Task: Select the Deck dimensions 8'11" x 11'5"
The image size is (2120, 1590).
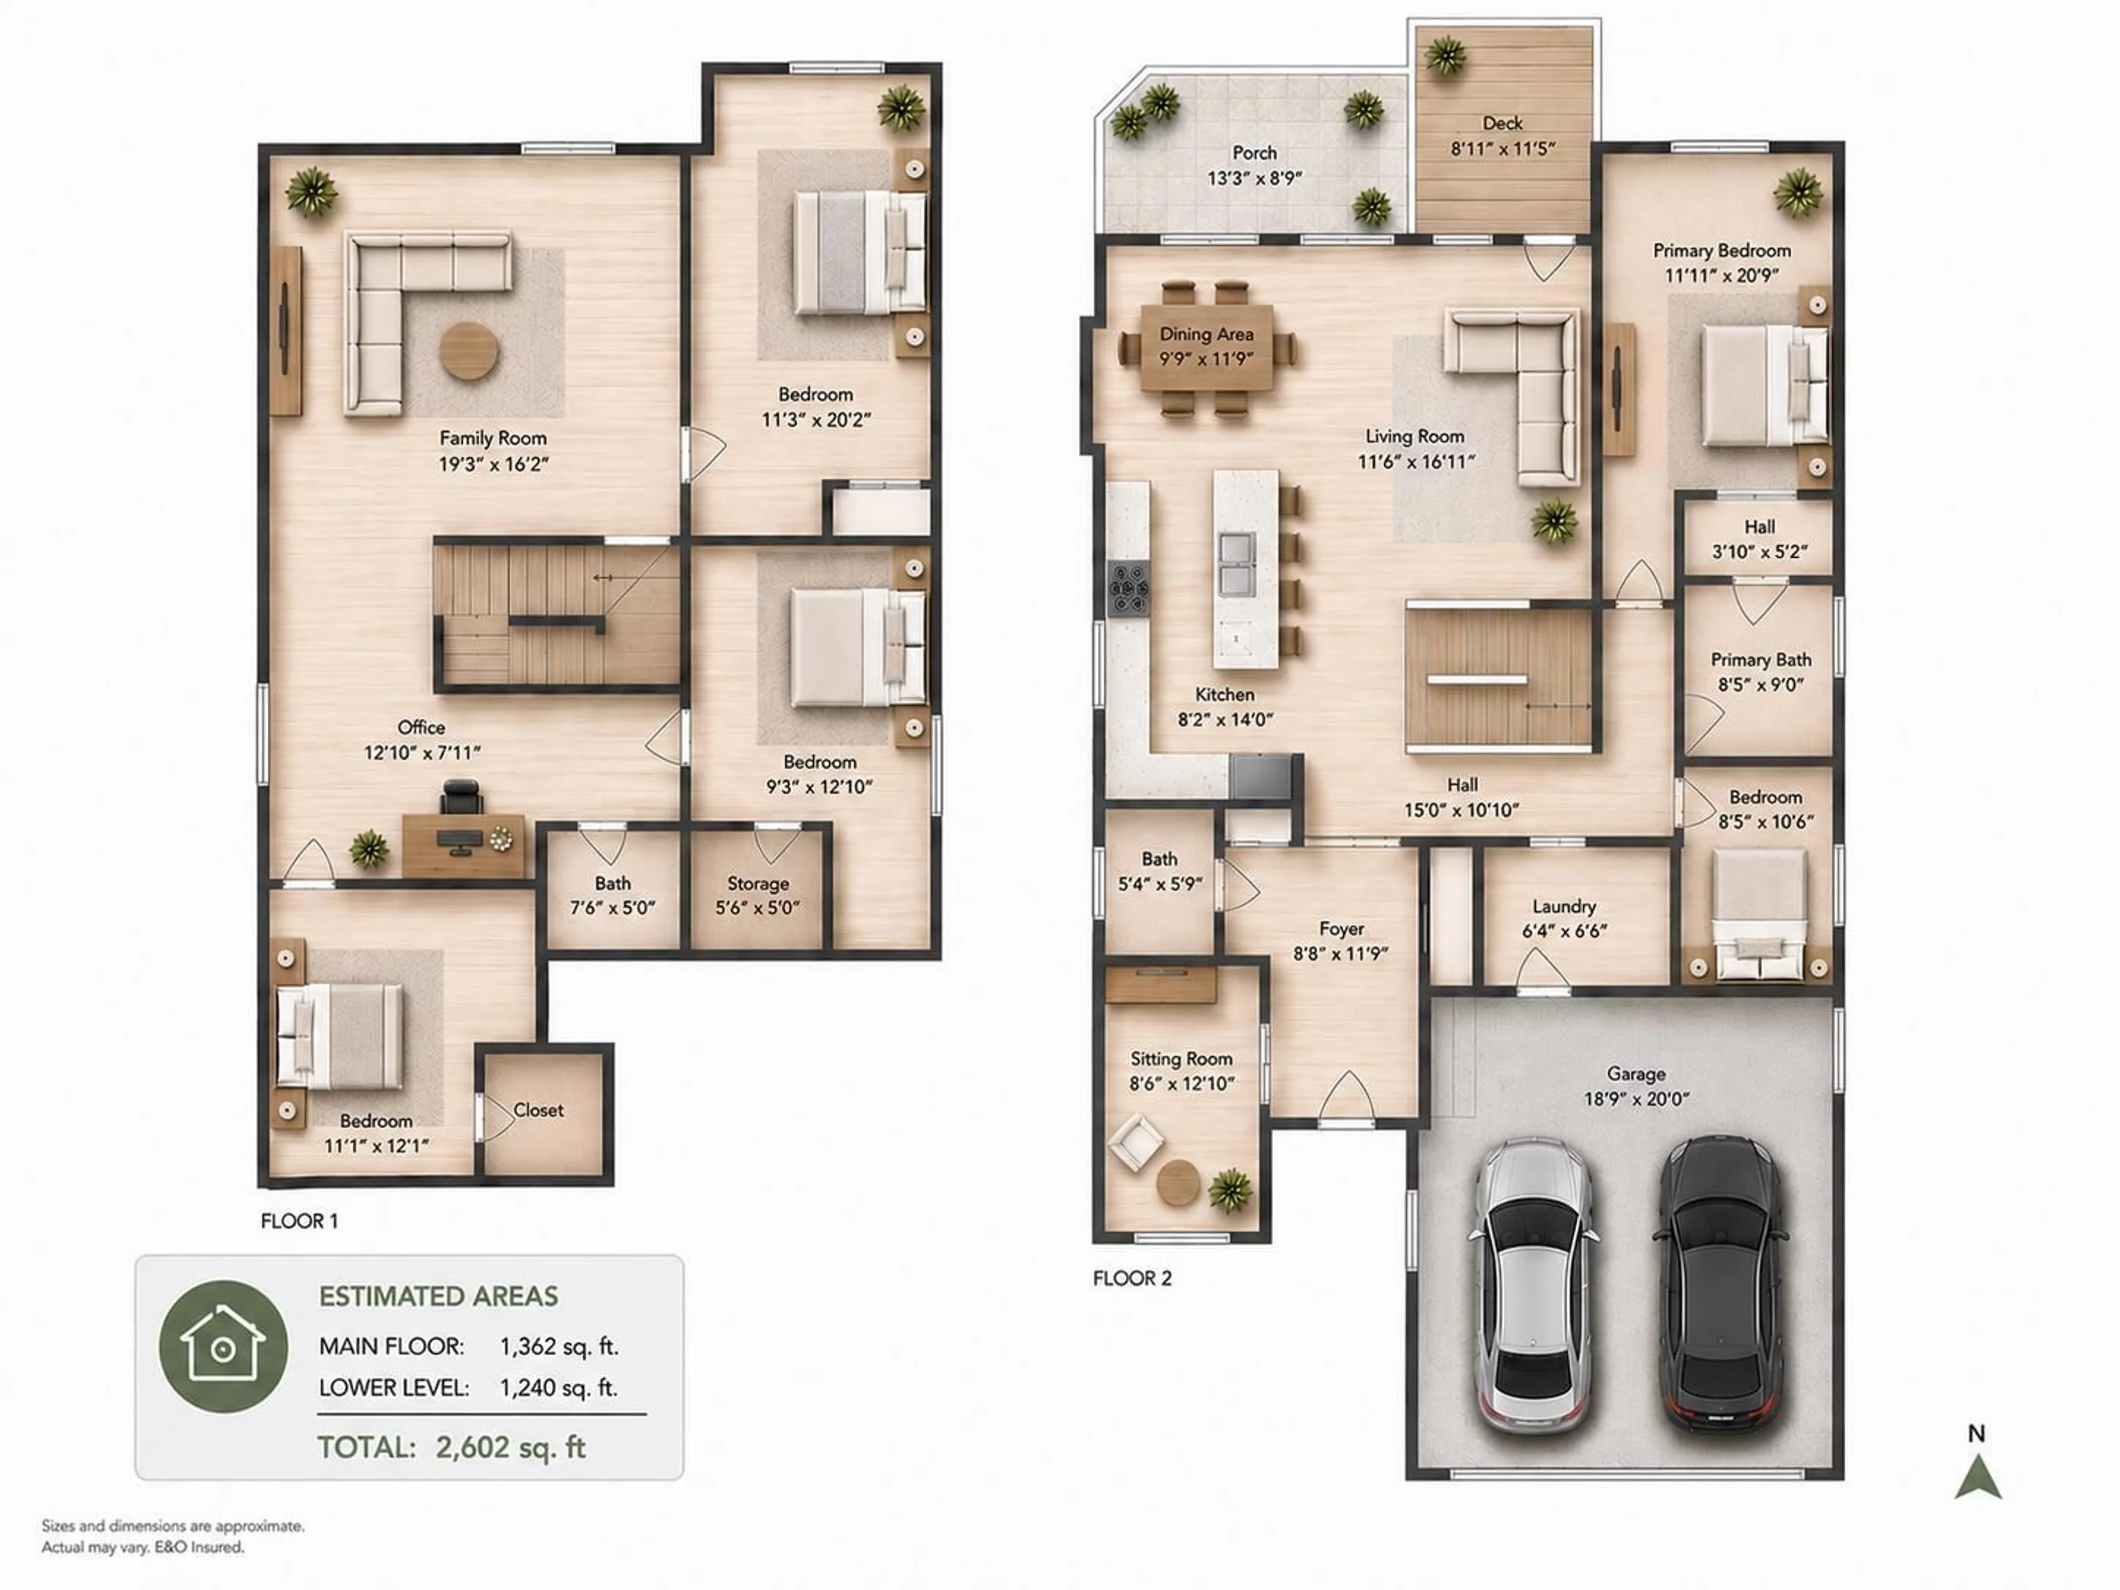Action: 1502,149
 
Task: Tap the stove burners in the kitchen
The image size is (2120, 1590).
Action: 1128,587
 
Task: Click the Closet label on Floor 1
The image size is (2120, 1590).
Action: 539,1110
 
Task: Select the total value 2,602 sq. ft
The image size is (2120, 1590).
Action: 510,1447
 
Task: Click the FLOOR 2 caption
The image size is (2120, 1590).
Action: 1132,1278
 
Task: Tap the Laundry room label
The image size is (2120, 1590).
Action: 1563,906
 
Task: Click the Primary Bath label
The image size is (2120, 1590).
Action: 1761,659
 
